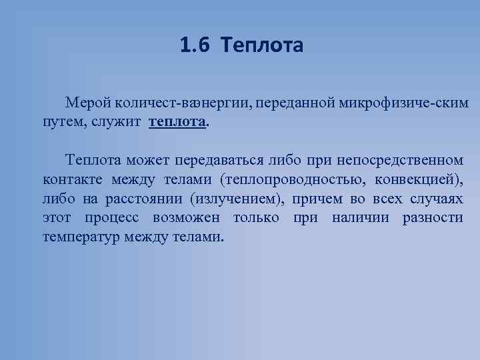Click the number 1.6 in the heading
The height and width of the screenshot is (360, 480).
(194, 46)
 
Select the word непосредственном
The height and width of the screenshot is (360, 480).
(399, 160)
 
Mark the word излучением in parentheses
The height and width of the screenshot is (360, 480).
(236, 199)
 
